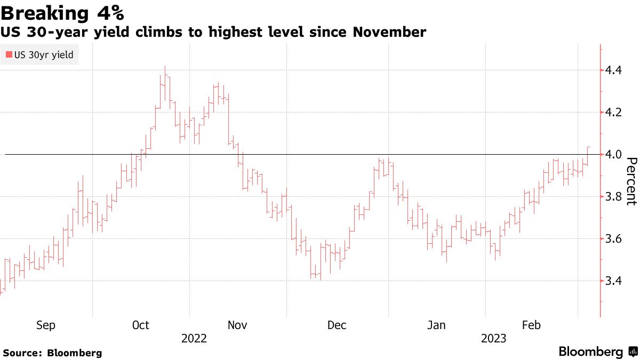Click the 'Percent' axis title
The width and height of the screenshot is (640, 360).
pyautogui.click(x=631, y=181)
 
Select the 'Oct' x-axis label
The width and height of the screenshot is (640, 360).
pyautogui.click(x=141, y=325)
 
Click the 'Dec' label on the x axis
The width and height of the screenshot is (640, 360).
pyautogui.click(x=337, y=325)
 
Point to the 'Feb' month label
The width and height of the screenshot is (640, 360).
pyautogui.click(x=531, y=325)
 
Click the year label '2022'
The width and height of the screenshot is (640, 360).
pyautogui.click(x=194, y=339)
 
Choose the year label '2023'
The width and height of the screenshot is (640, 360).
pyautogui.click(x=494, y=339)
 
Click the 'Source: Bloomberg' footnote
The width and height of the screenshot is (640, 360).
pyautogui.click(x=52, y=353)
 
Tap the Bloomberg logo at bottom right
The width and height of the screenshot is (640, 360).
pyautogui.click(x=597, y=352)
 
